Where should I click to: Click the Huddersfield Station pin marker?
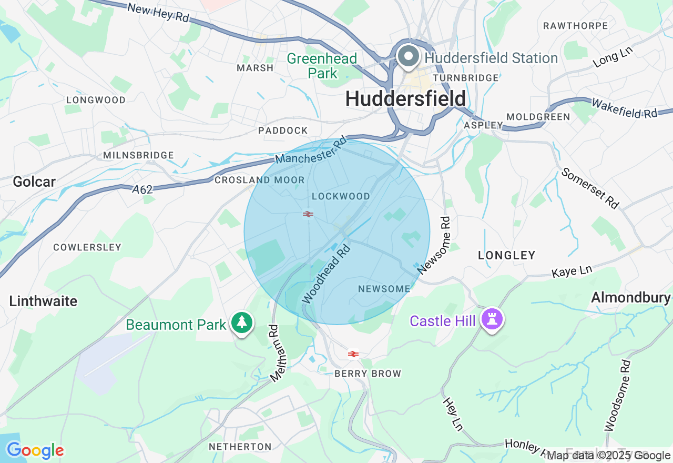pos(407,56)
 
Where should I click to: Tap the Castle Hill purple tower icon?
pos(492,319)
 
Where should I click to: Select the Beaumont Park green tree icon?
pos(242,323)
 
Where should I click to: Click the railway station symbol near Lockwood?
pos(308,214)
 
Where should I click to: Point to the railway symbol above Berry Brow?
pos(353,354)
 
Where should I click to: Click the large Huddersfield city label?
pos(405,98)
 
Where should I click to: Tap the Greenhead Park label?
pos(322,66)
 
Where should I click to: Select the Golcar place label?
pos(34,182)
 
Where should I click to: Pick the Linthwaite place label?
pos(43,301)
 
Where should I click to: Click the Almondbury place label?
pos(631,297)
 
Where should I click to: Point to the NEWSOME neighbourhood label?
pos(384,289)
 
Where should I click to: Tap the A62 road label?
pos(142,189)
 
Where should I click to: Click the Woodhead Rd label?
pos(327,274)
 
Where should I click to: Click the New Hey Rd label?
pos(158,13)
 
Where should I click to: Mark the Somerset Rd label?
pos(590,188)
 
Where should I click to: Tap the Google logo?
pos(35,450)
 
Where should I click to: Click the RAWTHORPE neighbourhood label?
pos(575,26)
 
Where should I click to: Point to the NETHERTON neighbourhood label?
pos(240,447)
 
